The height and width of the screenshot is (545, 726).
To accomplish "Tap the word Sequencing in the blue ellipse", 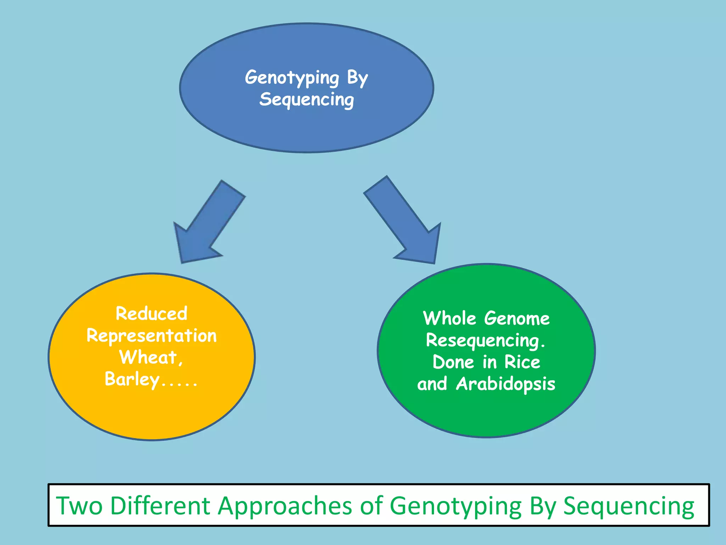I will coord(307,99).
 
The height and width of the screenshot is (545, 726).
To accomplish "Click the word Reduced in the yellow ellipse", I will coord(151,314).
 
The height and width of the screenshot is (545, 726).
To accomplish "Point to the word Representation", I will coord(151,336).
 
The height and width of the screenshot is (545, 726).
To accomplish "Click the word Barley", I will coord(132,379).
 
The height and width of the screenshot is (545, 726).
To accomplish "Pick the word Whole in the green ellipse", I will coord(449,318).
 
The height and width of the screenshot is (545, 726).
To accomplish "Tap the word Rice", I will coord(522,362).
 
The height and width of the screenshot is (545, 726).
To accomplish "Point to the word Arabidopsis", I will coord(506,384).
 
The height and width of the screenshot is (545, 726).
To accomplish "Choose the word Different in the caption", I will coord(160,505).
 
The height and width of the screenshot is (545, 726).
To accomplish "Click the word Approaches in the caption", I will coord(285,505).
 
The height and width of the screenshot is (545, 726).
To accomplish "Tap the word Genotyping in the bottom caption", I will coord(456,505).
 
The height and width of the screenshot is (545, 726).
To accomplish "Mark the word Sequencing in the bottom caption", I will coord(629,505).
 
